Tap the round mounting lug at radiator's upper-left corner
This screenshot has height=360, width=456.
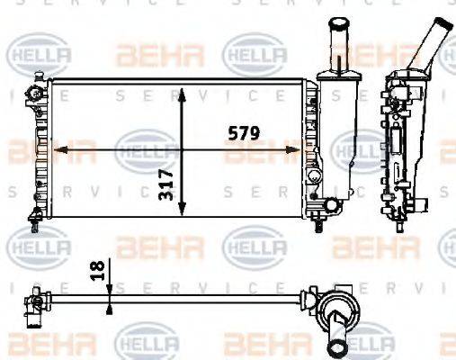click(x=35, y=93)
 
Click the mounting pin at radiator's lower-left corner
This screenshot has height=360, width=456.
click(x=35, y=214)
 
